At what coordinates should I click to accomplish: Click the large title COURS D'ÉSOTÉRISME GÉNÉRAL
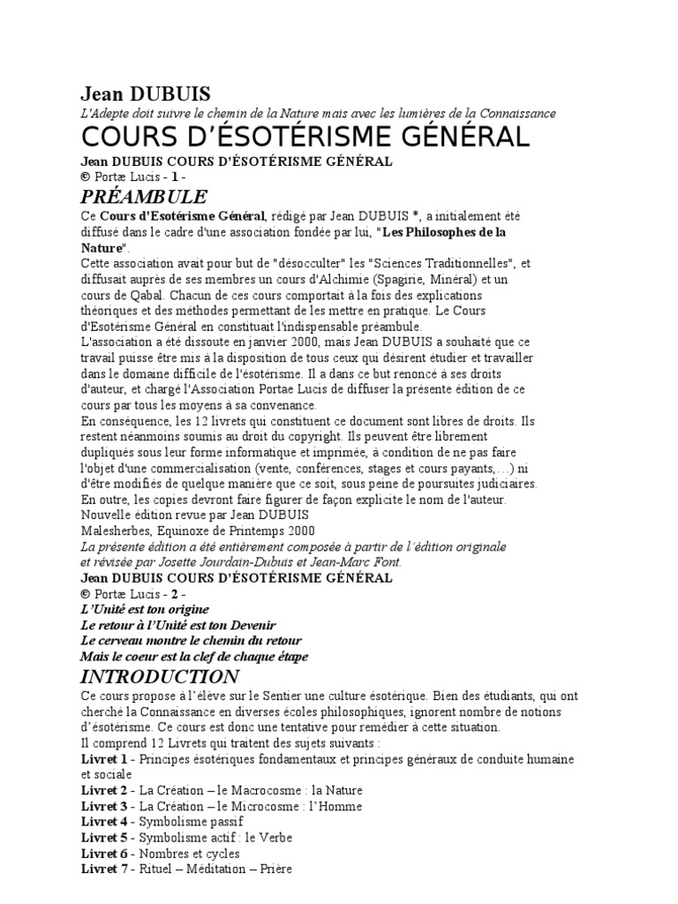pos(305,137)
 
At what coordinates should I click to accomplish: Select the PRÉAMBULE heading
pos(144,196)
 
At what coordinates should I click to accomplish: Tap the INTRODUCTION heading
pos(159,676)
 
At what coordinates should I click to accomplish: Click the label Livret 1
pos(104,759)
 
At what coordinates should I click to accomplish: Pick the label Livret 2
pos(104,791)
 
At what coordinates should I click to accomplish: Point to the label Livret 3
pos(104,807)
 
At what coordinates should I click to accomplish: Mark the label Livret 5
pos(104,838)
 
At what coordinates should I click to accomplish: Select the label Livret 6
pos(104,854)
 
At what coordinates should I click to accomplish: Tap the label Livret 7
pos(104,870)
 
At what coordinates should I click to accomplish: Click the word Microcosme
pos(261,807)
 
